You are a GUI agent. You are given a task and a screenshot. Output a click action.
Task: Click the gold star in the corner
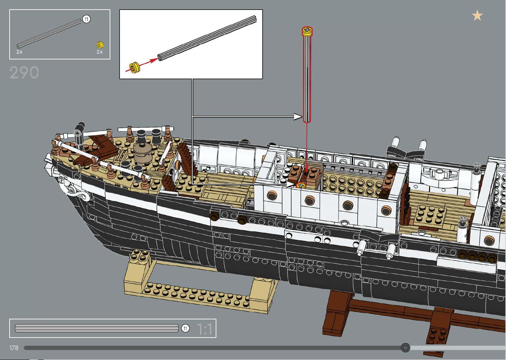pos(477,15)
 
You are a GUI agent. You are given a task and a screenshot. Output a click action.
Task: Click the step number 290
pos(24,73)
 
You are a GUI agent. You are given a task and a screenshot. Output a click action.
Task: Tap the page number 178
pos(14,348)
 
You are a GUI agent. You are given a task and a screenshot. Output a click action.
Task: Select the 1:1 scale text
pos(205,329)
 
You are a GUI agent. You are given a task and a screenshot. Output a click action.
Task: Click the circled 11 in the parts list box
pos(86,19)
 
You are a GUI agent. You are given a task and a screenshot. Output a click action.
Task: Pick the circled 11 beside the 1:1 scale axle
pos(186,328)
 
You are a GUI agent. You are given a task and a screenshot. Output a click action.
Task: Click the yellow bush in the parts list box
pos(100,45)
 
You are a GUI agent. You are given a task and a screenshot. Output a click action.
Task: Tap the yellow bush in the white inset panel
pos(135,68)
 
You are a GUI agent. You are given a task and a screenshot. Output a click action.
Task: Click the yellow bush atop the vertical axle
pos(307,31)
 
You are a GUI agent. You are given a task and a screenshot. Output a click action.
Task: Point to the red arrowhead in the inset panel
pos(154,60)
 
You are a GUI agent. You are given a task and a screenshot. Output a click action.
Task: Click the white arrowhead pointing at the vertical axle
pos(298,117)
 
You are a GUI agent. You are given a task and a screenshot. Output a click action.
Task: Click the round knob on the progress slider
pos(405,347)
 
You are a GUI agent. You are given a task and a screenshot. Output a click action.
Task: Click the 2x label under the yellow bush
pos(100,52)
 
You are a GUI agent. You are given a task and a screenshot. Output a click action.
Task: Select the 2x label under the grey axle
pos(19,52)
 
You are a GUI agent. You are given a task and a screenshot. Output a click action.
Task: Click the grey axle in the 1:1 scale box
pos(97,328)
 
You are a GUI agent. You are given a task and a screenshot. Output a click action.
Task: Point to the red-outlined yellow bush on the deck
pos(301,186)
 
